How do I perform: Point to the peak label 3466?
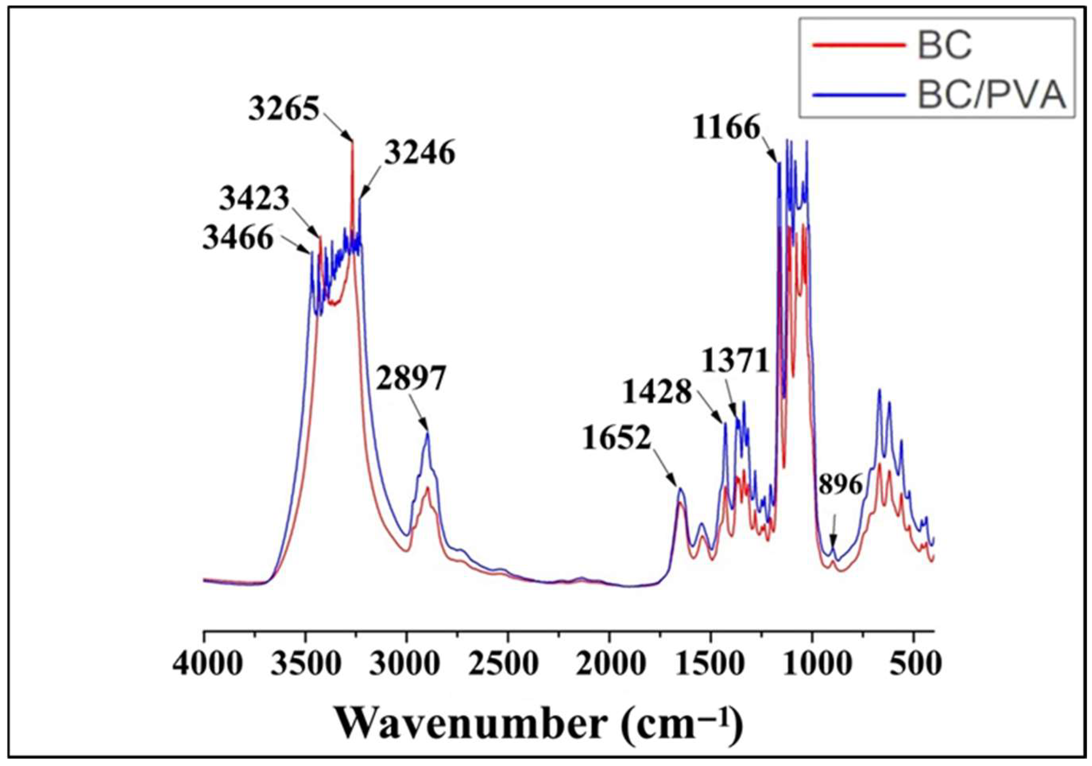(x=238, y=237)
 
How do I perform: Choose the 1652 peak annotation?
(x=617, y=438)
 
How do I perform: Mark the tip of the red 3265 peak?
(x=353, y=142)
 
